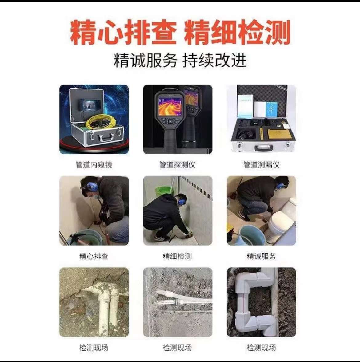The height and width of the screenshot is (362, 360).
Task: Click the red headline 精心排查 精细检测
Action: pyautogui.click(x=180, y=32)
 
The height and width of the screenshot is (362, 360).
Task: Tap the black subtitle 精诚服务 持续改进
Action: pyautogui.click(x=180, y=60)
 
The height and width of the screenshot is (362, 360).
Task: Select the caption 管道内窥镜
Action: pyautogui.click(x=94, y=165)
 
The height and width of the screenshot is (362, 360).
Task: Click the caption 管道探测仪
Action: pyautogui.click(x=177, y=165)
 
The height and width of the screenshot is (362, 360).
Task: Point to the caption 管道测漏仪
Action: pyautogui.click(x=261, y=165)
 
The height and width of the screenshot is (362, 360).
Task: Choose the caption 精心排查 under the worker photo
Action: pyautogui.click(x=94, y=256)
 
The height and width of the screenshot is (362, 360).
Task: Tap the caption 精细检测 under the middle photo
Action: pyautogui.click(x=177, y=256)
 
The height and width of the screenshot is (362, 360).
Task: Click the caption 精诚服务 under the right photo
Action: pyautogui.click(x=261, y=256)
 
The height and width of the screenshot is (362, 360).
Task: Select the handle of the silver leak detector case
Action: pyautogui.click(x=264, y=148)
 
